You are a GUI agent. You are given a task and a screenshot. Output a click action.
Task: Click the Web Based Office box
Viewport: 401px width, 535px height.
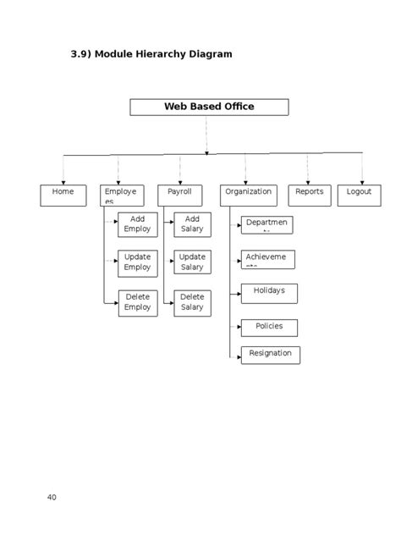(x=209, y=107)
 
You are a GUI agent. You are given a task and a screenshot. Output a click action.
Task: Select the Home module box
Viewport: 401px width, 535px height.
(x=63, y=196)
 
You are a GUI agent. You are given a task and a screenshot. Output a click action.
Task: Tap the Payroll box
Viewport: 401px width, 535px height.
(x=179, y=196)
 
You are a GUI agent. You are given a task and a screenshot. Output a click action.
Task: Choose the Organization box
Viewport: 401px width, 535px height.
(x=249, y=196)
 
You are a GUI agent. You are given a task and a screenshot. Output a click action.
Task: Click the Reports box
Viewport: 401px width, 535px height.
(x=309, y=196)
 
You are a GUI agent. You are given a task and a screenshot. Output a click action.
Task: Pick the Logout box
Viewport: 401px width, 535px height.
(x=359, y=196)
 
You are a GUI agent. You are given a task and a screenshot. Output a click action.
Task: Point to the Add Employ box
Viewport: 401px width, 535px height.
(x=137, y=224)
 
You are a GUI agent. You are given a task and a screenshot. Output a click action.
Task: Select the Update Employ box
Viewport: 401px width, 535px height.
(x=137, y=262)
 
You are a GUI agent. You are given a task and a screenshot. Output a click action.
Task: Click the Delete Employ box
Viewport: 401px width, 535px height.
(x=137, y=302)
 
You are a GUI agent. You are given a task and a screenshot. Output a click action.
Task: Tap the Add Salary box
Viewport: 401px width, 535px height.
(x=192, y=224)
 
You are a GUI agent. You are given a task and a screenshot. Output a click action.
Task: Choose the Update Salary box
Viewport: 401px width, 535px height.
(x=192, y=262)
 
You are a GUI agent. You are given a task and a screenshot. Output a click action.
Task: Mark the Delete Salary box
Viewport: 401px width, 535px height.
(x=192, y=302)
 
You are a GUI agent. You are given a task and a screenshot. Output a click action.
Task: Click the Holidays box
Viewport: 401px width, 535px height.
(x=269, y=293)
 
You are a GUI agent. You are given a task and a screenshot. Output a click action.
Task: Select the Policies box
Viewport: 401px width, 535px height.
(x=269, y=328)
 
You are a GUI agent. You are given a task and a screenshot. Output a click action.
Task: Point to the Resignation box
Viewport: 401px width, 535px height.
(x=270, y=355)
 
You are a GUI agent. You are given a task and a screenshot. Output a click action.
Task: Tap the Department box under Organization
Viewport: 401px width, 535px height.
(x=267, y=224)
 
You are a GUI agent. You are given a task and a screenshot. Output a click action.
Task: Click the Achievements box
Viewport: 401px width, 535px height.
(x=267, y=259)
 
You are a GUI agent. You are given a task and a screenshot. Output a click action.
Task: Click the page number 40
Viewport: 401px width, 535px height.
(x=52, y=497)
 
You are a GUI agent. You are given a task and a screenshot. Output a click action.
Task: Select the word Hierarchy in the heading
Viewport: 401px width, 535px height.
(x=161, y=54)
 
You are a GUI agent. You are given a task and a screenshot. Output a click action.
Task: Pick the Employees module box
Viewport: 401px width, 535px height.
(x=122, y=196)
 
